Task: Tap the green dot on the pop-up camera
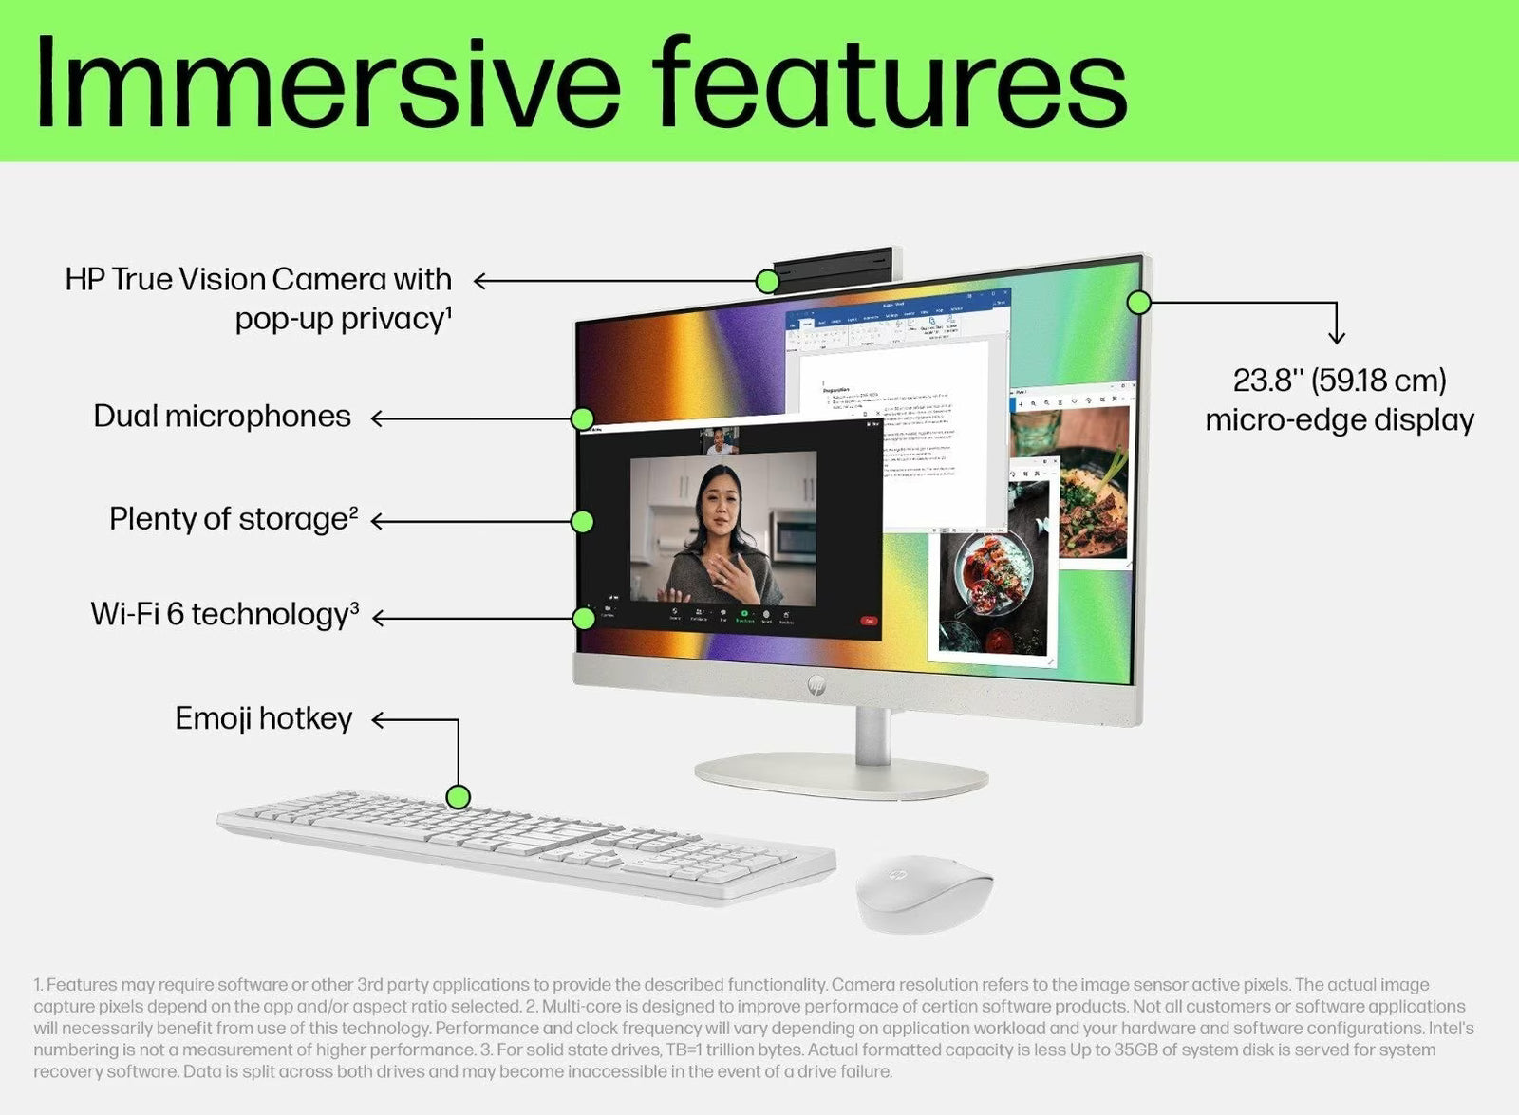(767, 281)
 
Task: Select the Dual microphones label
(222, 417)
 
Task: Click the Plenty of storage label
(234, 519)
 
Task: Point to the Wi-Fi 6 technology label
(225, 615)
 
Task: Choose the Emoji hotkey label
(264, 718)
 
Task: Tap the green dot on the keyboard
(459, 797)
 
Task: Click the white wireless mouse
(923, 891)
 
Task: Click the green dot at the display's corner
(1139, 303)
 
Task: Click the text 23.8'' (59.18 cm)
(1340, 381)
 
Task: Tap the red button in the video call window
(868, 621)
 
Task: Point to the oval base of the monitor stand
(841, 775)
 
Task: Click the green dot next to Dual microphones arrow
(583, 418)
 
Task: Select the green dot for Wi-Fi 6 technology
(584, 619)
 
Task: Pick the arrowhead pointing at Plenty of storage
(377, 521)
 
